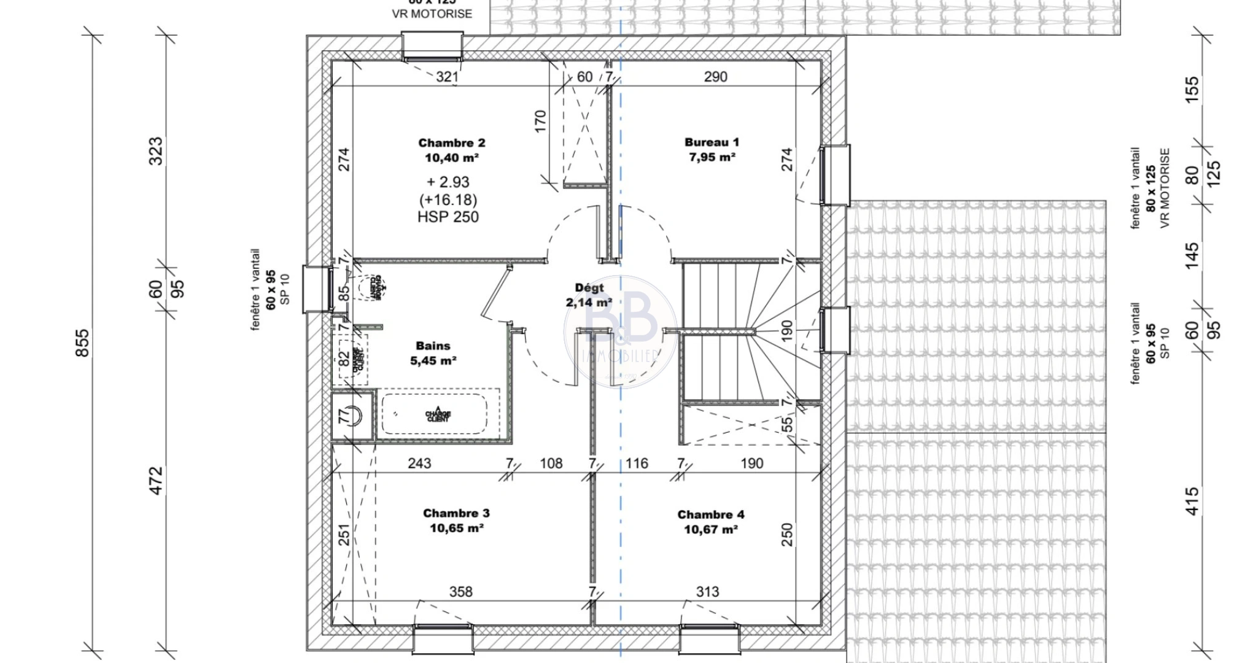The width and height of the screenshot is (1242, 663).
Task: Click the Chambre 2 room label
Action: [451, 143]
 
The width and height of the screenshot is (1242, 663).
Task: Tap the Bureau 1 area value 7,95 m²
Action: [712, 157]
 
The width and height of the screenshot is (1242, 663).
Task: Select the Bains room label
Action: [433, 346]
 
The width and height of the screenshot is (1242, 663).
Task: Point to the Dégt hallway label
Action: [589, 287]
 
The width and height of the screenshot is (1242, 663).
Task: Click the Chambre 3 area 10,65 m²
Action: [456, 528]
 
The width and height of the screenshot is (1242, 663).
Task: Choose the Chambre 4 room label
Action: [710, 514]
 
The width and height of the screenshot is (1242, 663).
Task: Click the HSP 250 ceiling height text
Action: [448, 217]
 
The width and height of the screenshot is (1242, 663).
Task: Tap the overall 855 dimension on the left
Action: [82, 343]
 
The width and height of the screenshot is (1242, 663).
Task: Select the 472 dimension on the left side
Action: [157, 481]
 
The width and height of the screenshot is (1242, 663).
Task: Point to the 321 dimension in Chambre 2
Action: [447, 77]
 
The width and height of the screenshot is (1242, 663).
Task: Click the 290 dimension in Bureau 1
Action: [715, 77]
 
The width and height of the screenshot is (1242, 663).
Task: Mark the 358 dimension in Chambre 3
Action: [460, 592]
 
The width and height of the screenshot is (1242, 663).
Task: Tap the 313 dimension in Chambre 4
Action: [707, 592]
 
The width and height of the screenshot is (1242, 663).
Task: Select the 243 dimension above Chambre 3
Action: [419, 463]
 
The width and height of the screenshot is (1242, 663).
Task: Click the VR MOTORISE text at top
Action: [432, 14]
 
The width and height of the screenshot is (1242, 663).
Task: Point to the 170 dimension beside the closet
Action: [540, 121]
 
